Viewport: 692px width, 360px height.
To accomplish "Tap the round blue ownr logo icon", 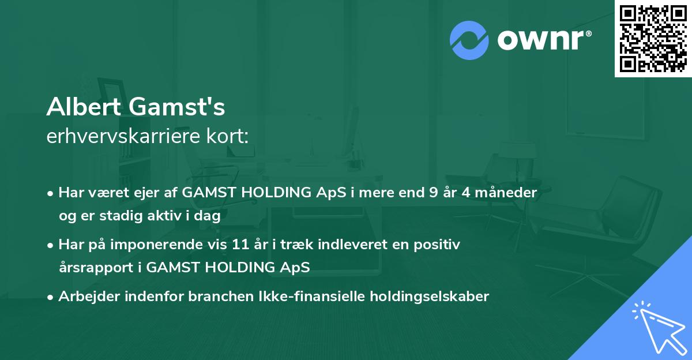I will point(469,40).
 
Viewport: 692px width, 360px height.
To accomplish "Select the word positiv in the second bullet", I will point(439,245).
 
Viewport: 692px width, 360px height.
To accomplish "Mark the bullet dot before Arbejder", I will point(51,297).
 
